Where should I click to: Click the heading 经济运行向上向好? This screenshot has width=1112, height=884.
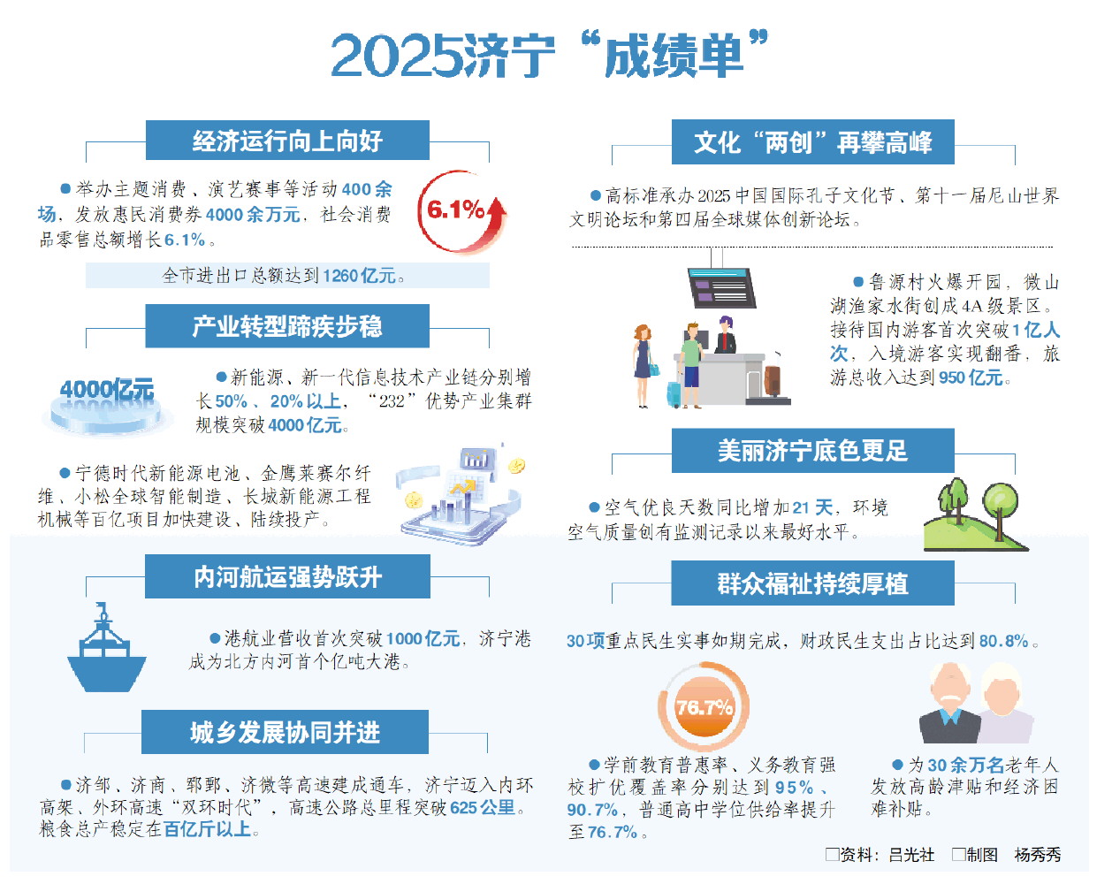point(287,141)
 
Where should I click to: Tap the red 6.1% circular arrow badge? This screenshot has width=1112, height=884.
point(461,211)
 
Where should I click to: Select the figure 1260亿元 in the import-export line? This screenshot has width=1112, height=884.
point(360,276)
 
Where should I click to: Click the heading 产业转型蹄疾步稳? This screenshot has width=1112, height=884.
point(287,326)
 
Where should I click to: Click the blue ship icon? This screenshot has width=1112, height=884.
point(106,648)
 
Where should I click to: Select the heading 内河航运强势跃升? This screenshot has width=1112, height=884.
point(288,577)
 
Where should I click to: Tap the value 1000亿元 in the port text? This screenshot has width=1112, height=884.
point(423,639)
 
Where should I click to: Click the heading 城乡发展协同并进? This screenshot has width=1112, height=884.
point(286,733)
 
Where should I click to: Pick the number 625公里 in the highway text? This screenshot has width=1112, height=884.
point(483,808)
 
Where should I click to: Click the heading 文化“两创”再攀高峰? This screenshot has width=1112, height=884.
point(813,142)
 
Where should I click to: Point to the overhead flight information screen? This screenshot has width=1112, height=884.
point(721,287)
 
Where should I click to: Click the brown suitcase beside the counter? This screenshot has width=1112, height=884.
point(773,380)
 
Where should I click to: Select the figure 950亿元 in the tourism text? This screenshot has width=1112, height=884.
point(971,377)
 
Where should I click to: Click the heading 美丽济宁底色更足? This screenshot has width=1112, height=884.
point(813,451)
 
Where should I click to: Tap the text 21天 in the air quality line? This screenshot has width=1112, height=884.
point(813,507)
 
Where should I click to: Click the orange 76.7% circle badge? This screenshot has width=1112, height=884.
point(704,707)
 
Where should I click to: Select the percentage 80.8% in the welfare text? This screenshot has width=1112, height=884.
point(1003,641)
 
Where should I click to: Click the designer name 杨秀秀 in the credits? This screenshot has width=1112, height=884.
point(1038,855)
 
